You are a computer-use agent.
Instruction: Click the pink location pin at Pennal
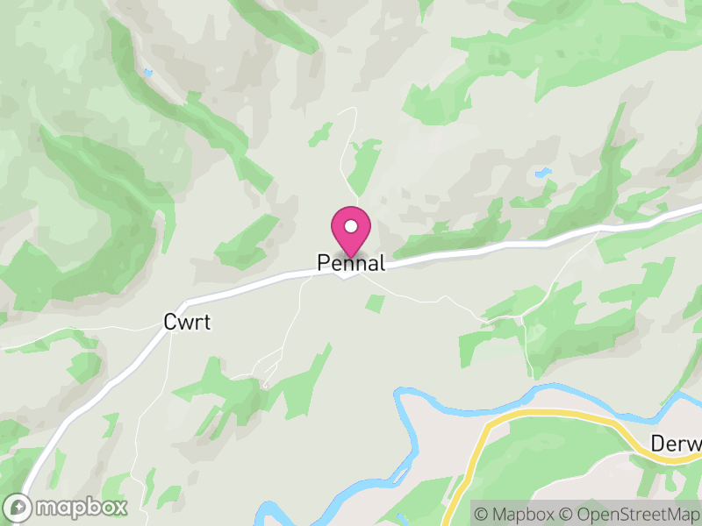[x=351, y=233]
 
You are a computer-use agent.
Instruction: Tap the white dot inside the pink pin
[x=351, y=226]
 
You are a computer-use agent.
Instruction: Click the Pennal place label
[x=351, y=263]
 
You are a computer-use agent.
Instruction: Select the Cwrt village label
[x=188, y=323]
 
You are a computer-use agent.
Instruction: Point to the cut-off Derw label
[x=677, y=444]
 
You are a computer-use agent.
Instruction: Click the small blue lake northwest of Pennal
[x=148, y=72]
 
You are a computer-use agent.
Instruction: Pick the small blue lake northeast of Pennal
[x=544, y=172]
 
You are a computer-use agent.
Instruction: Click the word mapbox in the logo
[x=81, y=507]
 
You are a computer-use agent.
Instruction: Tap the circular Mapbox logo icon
[x=18, y=508]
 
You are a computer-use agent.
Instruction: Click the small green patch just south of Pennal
[x=375, y=303]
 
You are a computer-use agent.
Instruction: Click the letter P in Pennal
[x=323, y=263]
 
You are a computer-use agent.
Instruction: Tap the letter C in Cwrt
[x=170, y=323]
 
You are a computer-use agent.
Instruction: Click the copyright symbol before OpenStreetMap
[x=565, y=513]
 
